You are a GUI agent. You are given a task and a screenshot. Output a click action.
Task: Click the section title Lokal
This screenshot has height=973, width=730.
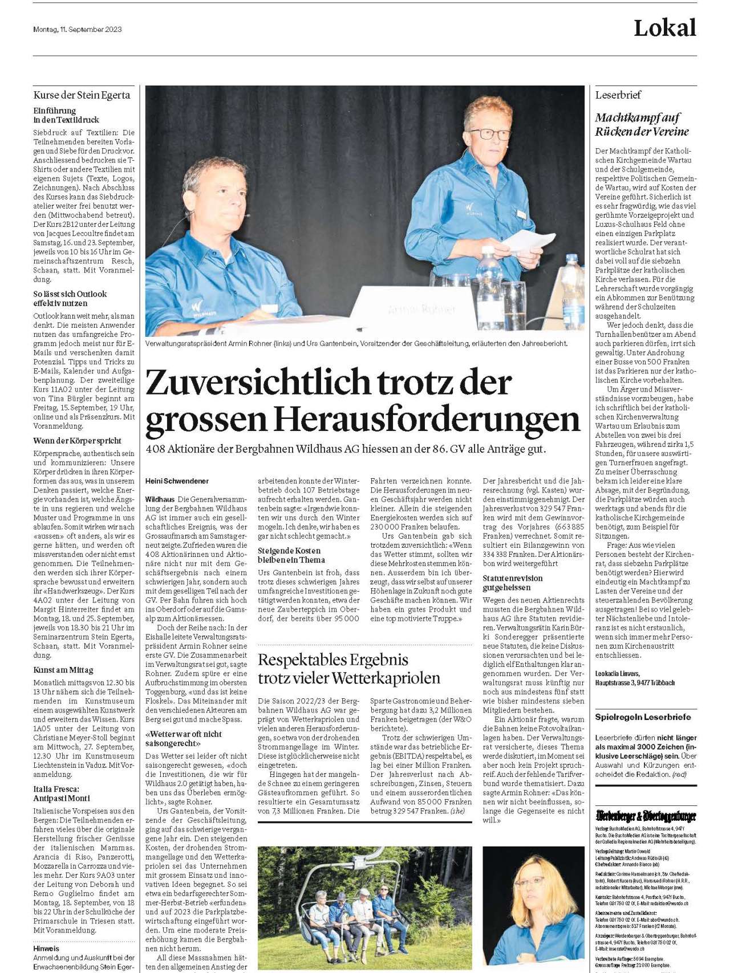[664, 28]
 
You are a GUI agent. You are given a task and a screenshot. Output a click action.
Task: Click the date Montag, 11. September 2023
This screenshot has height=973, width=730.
[77, 29]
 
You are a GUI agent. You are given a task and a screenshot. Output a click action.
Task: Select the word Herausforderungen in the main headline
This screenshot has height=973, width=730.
[426, 419]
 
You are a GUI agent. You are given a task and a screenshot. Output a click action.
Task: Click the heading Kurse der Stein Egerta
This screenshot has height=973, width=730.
[82, 95]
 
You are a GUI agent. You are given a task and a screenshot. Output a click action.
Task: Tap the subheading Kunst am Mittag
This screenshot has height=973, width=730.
[63, 670]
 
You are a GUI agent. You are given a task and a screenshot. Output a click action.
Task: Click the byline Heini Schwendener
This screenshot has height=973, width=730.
[177, 481]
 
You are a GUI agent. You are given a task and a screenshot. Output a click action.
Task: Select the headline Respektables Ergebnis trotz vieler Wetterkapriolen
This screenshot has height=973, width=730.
[349, 669]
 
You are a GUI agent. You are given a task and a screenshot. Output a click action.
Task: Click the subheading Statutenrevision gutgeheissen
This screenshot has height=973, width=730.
[513, 583]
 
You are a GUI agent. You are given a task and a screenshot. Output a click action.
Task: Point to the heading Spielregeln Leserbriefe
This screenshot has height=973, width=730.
[643, 717]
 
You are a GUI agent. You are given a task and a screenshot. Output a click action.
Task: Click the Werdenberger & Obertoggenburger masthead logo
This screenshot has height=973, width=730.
[646, 816]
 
